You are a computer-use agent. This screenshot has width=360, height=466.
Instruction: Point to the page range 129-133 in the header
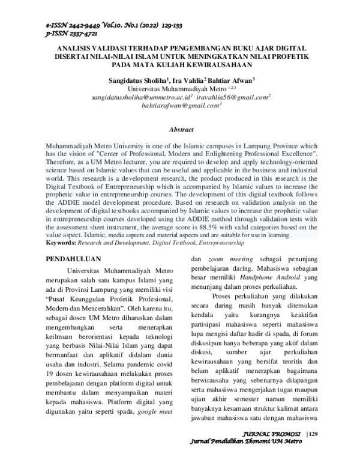point(172,27)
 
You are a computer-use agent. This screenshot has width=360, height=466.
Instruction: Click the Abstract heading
point(181,130)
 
